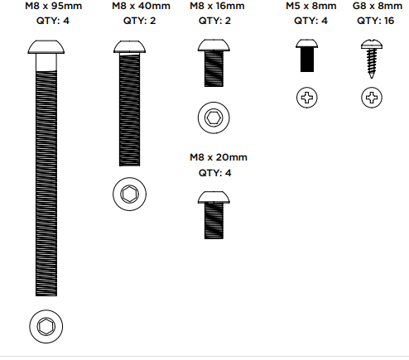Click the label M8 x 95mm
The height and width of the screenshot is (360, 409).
54,6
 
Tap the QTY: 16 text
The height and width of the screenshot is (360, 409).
375,21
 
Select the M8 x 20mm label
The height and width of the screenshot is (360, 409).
219,157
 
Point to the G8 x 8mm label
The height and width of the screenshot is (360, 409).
378,6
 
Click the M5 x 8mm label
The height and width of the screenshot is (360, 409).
311,6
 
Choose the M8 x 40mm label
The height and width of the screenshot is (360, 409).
141,6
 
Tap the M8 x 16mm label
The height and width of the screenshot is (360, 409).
217,6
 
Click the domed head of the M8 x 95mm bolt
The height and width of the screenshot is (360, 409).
46,47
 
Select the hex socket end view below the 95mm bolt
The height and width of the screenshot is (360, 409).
46,326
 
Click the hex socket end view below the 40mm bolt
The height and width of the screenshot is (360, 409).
129,194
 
